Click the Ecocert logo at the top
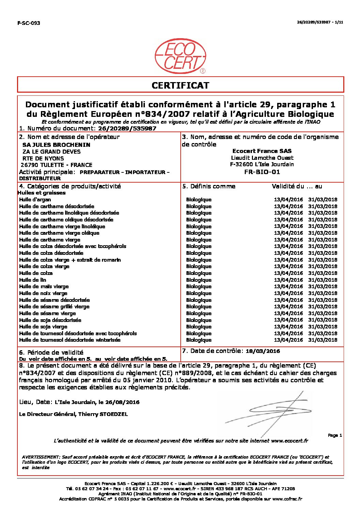(180, 56)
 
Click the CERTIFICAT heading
(180, 85)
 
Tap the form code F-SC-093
(29, 23)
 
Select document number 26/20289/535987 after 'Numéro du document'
(127, 129)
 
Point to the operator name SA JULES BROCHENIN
(56, 145)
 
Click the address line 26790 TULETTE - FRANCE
(57, 165)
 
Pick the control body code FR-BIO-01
(262, 172)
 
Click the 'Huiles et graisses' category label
(42, 193)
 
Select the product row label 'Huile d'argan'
(35, 200)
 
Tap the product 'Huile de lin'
(33, 280)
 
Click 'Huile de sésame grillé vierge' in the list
(55, 307)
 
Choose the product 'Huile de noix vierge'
(43, 293)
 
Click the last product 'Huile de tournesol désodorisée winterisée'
(70, 340)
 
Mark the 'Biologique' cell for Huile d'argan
(199, 200)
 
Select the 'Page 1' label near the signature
(335, 435)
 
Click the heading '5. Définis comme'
(209, 186)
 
